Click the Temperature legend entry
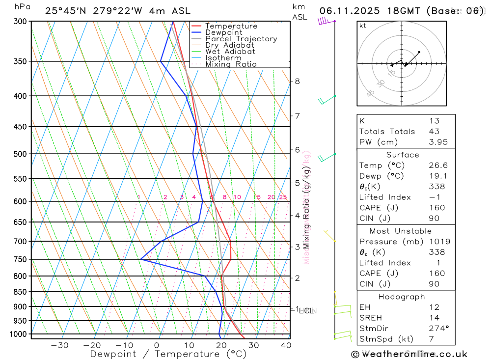tap(231, 26)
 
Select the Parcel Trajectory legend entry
tap(241, 39)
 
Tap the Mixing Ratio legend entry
tap(231, 64)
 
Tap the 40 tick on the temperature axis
tap(286, 345)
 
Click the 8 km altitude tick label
tap(297, 81)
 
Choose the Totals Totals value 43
tap(434, 131)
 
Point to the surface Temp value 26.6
tap(438, 166)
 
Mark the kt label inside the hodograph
tap(363, 26)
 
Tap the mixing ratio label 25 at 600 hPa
tap(283, 197)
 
